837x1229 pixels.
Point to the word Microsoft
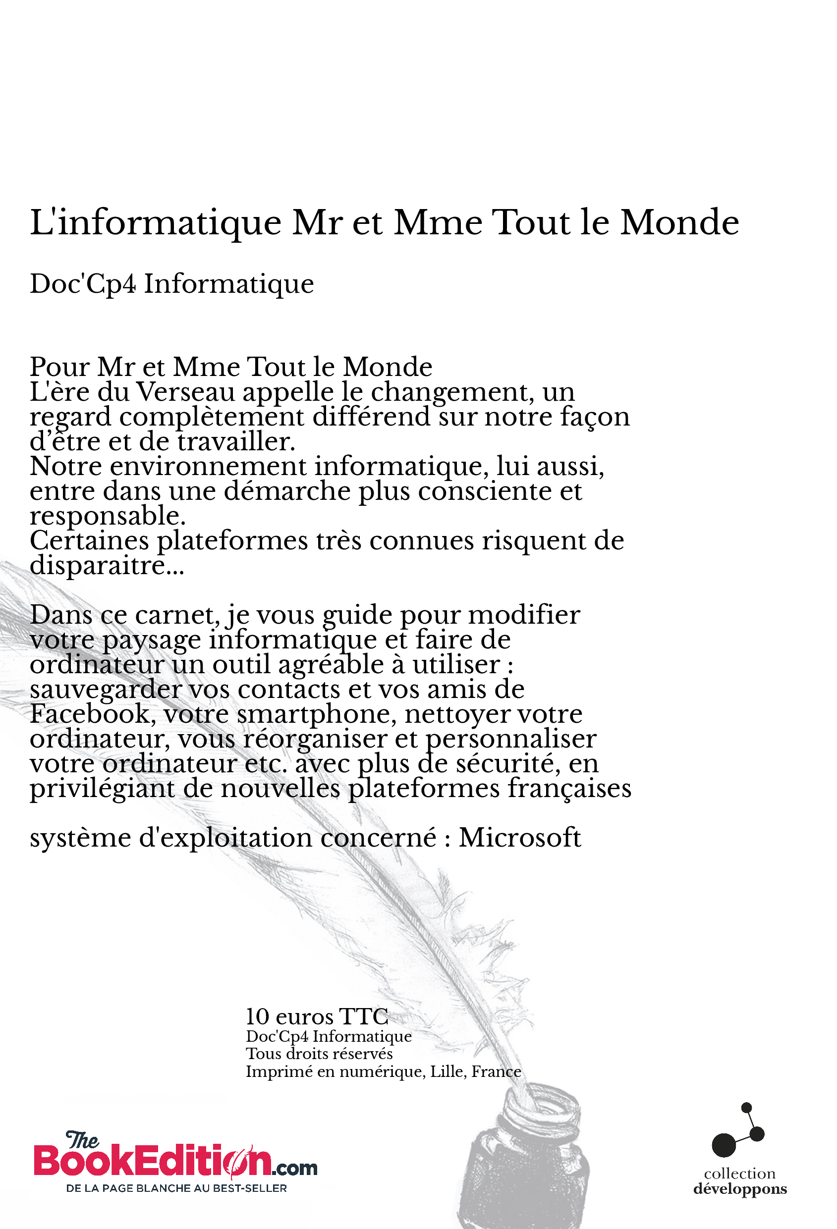519,838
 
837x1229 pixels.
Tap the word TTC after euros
363,1016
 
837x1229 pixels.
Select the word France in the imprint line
496,1071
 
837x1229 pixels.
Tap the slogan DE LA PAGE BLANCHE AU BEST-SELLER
176,1188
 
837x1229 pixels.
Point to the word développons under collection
740,1189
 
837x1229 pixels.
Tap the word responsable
108,516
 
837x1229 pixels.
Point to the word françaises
569,789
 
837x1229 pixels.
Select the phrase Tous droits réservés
319,1054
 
